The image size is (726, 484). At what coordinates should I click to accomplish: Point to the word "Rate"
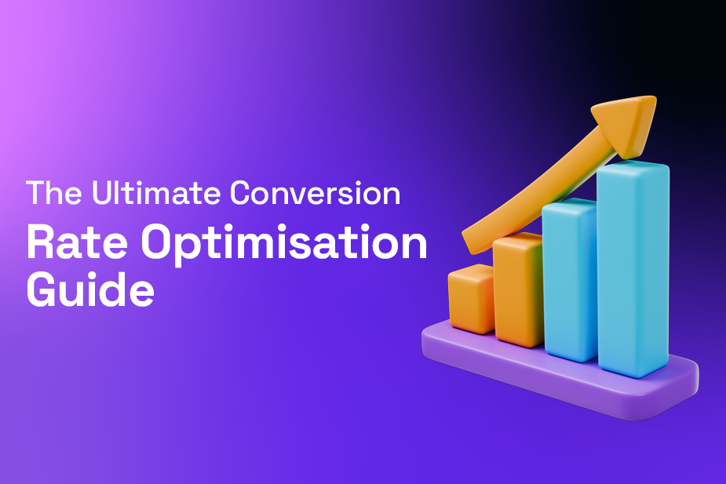point(75,244)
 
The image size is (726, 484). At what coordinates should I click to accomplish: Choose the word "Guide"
point(90,292)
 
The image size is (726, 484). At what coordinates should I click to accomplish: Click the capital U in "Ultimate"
point(101,194)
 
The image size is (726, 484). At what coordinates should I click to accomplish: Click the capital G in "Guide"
point(44,292)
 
